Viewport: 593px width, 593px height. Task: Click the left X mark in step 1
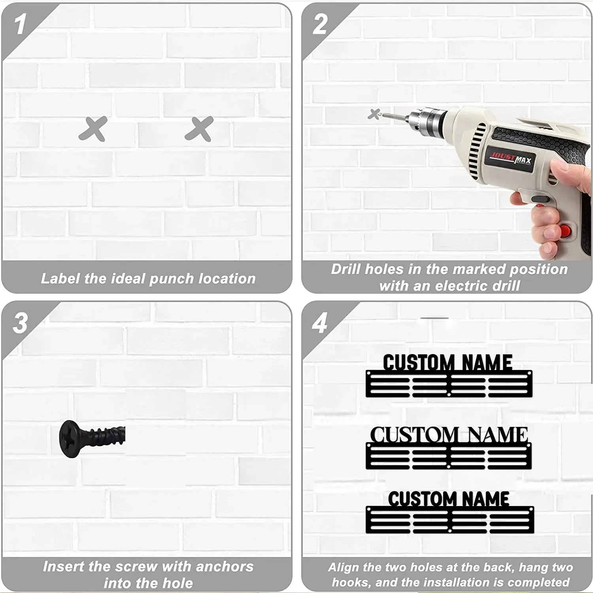click(93, 129)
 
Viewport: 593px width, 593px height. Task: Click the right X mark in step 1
click(199, 129)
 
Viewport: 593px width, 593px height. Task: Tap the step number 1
click(20, 25)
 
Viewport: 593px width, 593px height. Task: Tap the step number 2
click(320, 25)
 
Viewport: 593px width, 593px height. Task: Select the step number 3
click(20, 323)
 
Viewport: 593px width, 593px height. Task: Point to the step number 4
click(319, 323)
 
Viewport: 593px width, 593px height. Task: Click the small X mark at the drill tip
click(374, 114)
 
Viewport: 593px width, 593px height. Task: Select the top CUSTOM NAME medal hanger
click(449, 376)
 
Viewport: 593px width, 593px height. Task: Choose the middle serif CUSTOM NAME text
click(449, 435)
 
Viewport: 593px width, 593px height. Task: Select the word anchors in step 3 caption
click(225, 567)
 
